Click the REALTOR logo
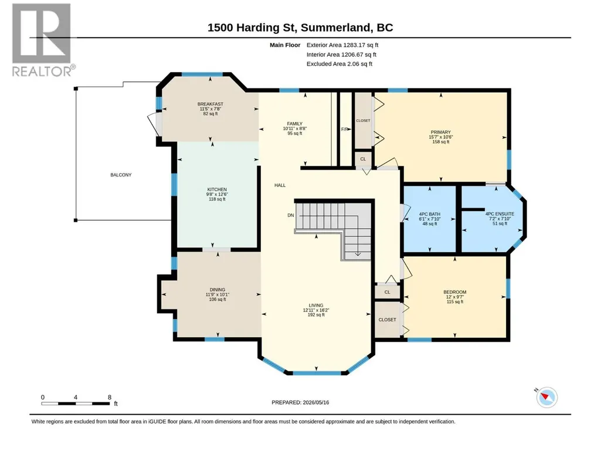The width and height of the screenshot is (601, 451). click(42, 40)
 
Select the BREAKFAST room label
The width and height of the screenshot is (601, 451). click(210, 104)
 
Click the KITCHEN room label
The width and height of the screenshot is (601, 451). click(217, 189)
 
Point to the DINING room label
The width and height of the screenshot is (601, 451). click(218, 290)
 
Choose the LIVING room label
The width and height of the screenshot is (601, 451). click(316, 306)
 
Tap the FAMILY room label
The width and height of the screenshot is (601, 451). click(295, 124)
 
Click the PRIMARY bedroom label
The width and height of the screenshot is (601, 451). click(441, 133)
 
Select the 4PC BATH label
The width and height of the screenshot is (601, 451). click(430, 214)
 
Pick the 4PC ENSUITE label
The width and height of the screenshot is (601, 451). click(500, 214)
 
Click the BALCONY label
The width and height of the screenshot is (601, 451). click(121, 175)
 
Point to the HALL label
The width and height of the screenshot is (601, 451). click(280, 185)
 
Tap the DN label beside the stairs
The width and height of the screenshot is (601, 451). click(291, 215)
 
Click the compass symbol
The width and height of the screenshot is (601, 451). click(546, 397)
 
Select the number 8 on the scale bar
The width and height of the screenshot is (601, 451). click(110, 397)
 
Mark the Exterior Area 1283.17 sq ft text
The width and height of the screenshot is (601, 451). click(342, 45)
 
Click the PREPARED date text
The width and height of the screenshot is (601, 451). click(300, 402)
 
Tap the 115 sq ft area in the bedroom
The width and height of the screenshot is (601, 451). click(455, 302)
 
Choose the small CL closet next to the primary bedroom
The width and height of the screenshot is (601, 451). click(363, 159)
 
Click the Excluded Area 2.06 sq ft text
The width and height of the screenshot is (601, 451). click(339, 64)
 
